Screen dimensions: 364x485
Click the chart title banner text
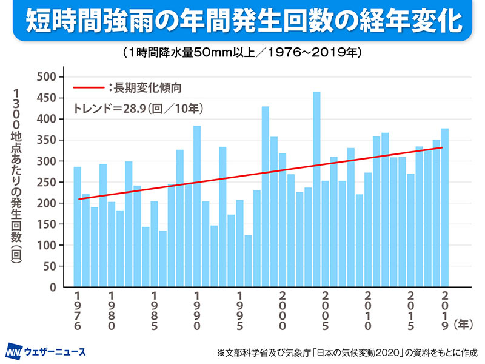[242, 21]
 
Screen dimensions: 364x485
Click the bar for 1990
[197, 206]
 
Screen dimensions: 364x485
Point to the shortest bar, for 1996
[248, 261]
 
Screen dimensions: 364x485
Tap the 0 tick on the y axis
[53, 287]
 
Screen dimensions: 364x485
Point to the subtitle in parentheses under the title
[242, 53]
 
